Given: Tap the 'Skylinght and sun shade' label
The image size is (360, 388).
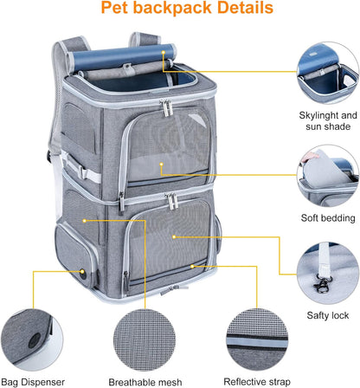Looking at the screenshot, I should (x=328, y=120).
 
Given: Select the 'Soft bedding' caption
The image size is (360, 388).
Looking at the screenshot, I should (x=326, y=217).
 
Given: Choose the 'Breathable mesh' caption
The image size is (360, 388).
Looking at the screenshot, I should (x=145, y=381).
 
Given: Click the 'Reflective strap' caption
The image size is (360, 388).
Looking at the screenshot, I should (x=256, y=381).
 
